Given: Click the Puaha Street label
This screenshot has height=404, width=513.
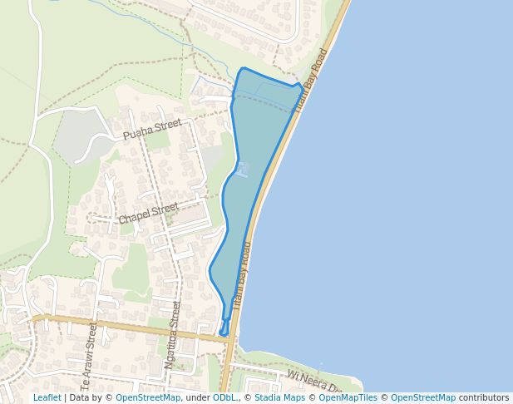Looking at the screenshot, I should pos(151,129).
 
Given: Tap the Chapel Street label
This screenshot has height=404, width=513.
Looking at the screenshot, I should pos(148,213).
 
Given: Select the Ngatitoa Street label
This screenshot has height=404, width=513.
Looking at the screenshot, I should pos(173,334).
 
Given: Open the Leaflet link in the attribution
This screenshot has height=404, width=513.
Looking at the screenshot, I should pos(47,398).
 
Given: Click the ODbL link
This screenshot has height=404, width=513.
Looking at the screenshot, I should pos(224,398).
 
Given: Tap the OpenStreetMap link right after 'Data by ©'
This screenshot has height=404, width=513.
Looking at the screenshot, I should pos(147,398).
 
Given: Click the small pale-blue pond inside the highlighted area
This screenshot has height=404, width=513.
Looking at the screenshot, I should pos(242,170).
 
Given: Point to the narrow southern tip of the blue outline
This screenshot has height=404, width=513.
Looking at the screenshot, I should pos(223,332).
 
